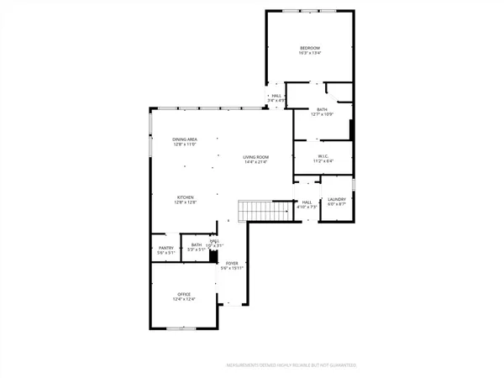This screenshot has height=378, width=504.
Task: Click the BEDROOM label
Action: pos(309,48)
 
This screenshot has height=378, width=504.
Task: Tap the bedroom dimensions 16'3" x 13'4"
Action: pos(309,54)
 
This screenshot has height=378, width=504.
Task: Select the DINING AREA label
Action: pos(185,139)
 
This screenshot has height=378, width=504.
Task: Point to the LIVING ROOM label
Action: pos(255,156)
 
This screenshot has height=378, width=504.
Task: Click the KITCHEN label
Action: pos(185,197)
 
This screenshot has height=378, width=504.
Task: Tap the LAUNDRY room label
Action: pos(337,198)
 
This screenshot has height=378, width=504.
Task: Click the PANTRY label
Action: pos(165,247)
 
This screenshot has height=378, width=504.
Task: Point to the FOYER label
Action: pos(232,263)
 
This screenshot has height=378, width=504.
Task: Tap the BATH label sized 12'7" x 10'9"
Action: pos(322,109)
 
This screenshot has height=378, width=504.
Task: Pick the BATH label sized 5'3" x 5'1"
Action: pos(196,246)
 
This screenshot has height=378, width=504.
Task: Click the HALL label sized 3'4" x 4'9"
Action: pos(276,96)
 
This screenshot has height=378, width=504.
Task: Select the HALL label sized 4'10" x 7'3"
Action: pos(307,202)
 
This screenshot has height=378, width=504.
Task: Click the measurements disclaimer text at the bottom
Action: pos(291,365)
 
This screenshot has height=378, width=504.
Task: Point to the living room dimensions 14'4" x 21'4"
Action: pos(255,162)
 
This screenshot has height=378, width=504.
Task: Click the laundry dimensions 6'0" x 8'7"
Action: pos(337,204)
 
